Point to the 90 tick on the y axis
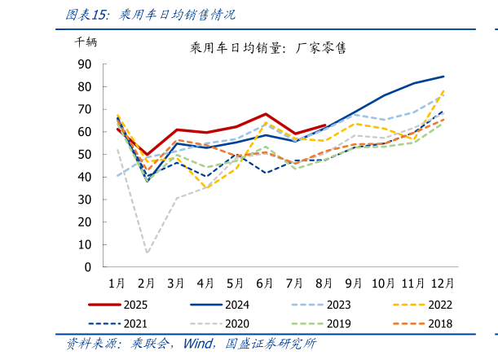[85, 64]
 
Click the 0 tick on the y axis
[88, 267]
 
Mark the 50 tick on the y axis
[85, 154]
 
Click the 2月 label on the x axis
[147, 283]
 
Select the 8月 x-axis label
[324, 283]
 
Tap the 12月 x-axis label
[443, 283]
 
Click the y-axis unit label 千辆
[86, 42]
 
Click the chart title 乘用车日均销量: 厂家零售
[268, 48]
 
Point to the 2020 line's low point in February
[148, 252]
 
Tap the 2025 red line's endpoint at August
[325, 125]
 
